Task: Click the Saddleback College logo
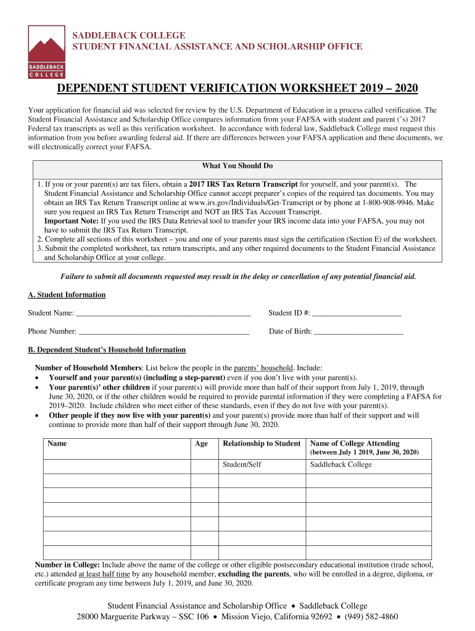(46, 52)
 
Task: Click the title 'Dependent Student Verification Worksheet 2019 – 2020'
(238, 89)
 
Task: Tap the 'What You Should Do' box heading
(238, 166)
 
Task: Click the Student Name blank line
(163, 313)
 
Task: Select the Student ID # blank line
(357, 313)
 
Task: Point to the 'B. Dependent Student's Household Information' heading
(107, 349)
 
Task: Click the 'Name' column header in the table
(57, 444)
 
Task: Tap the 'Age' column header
(201, 444)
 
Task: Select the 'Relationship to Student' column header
(262, 444)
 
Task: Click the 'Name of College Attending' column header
(354, 444)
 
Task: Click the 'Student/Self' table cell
(242, 465)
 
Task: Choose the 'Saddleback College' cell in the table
(341, 465)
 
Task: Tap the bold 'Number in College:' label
(67, 564)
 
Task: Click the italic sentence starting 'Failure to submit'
(238, 277)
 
